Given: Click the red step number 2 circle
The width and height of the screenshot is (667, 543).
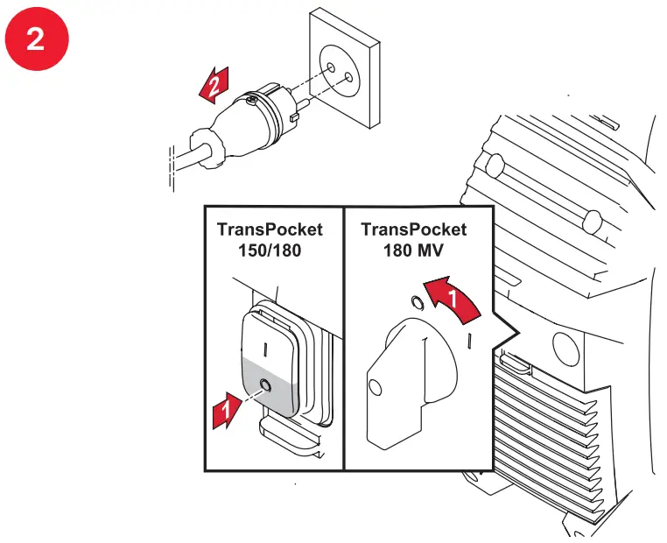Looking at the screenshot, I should (x=35, y=39).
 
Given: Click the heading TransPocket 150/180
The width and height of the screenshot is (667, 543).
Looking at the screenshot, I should (x=270, y=239).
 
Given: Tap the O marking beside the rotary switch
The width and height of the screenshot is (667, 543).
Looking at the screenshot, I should (x=418, y=302).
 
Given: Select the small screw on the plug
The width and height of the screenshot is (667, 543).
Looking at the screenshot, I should (x=252, y=103).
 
